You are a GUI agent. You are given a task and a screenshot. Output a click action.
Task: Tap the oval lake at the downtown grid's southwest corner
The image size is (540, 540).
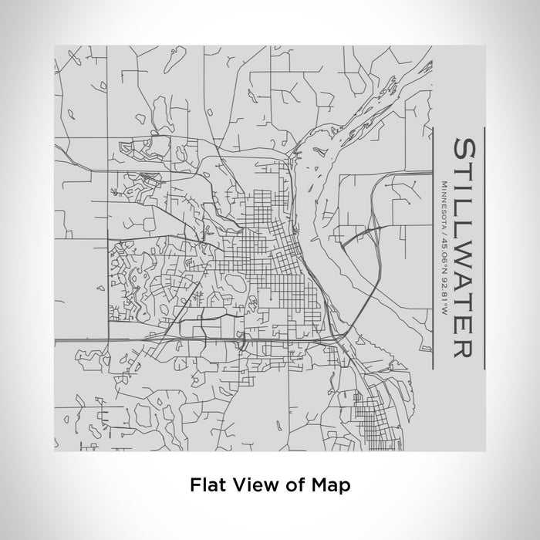coord(235,287)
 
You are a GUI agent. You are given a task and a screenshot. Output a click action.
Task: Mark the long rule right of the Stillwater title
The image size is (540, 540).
coord(484,247)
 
